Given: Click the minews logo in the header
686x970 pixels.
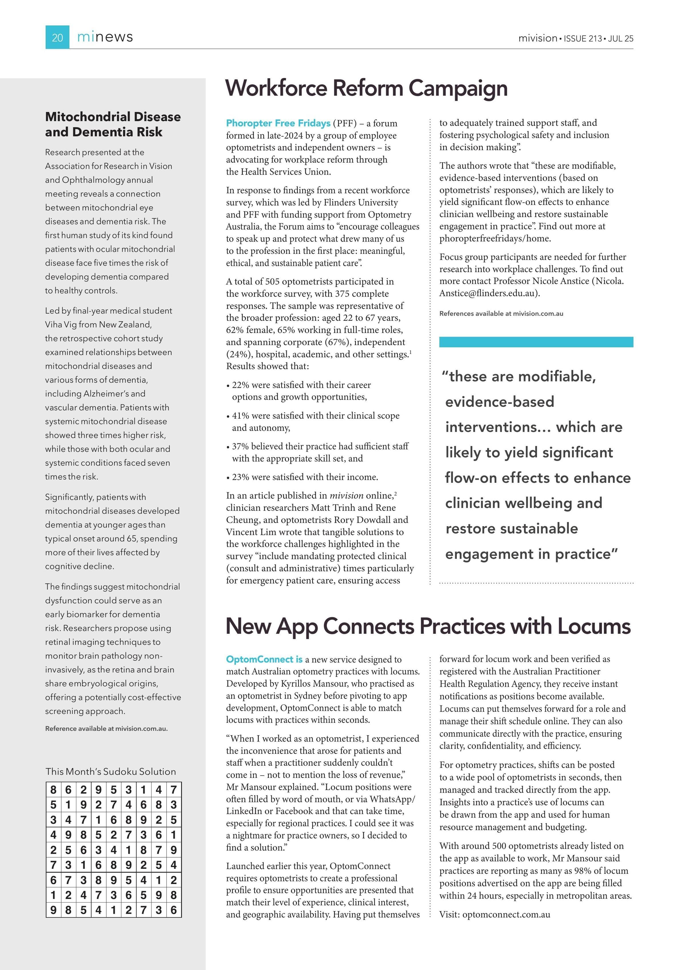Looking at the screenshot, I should pyautogui.click(x=105, y=37).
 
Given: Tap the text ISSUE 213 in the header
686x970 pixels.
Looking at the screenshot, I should pyautogui.click(x=583, y=38).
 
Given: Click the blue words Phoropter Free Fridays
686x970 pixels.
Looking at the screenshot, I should pyautogui.click(x=278, y=123).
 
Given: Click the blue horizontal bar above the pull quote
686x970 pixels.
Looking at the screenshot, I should pyautogui.click(x=536, y=342).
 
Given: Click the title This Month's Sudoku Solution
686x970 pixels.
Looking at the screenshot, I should pyautogui.click(x=111, y=771).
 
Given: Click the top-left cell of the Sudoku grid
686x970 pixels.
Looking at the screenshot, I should pyautogui.click(x=53, y=790).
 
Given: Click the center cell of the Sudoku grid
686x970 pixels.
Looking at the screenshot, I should pyautogui.click(x=113, y=850).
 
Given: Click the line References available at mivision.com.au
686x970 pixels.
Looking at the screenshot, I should pyautogui.click(x=501, y=314).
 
